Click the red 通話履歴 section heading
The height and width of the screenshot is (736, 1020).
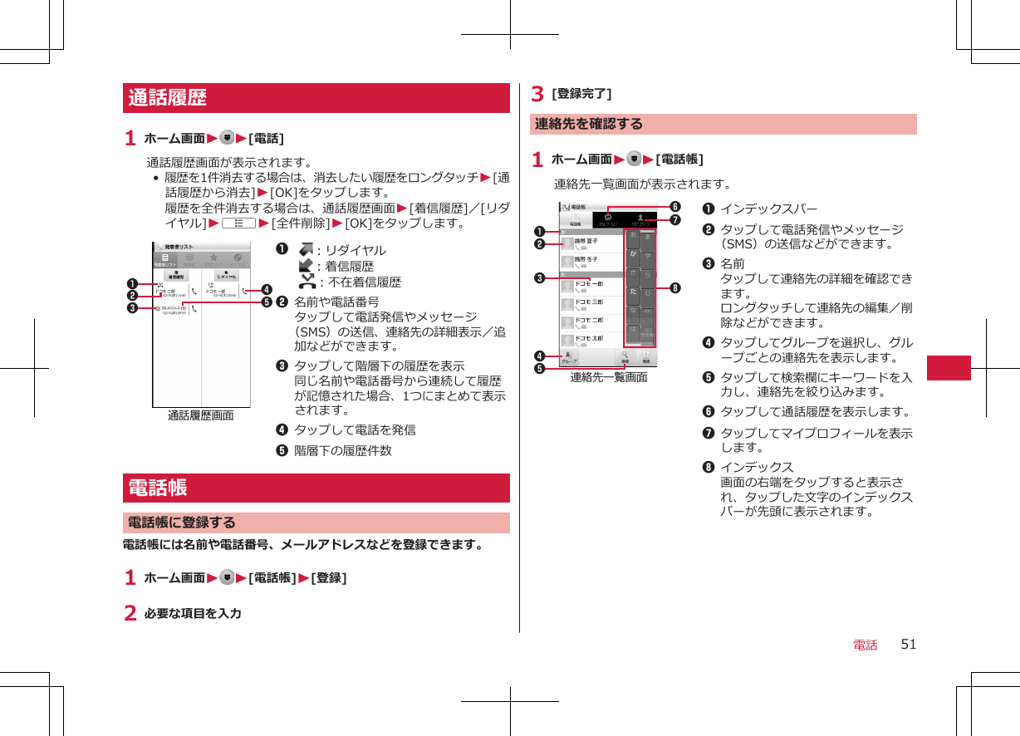click(168, 98)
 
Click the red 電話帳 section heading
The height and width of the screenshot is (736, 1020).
click(157, 488)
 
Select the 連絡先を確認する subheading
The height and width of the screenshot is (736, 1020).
click(589, 124)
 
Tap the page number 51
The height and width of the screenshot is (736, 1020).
click(909, 644)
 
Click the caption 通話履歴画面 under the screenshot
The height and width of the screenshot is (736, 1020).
click(200, 415)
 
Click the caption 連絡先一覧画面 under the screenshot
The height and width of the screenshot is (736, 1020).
click(609, 377)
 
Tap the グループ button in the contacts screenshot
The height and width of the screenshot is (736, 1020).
click(570, 357)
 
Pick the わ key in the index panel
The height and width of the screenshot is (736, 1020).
click(648, 292)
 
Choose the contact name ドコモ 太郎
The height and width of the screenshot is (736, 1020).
click(589, 338)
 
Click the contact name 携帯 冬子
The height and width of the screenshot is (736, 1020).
click(586, 259)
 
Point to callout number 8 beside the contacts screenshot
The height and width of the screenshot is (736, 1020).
click(677, 288)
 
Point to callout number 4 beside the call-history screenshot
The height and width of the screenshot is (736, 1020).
click(267, 290)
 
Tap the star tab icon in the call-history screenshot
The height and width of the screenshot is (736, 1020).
click(213, 258)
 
